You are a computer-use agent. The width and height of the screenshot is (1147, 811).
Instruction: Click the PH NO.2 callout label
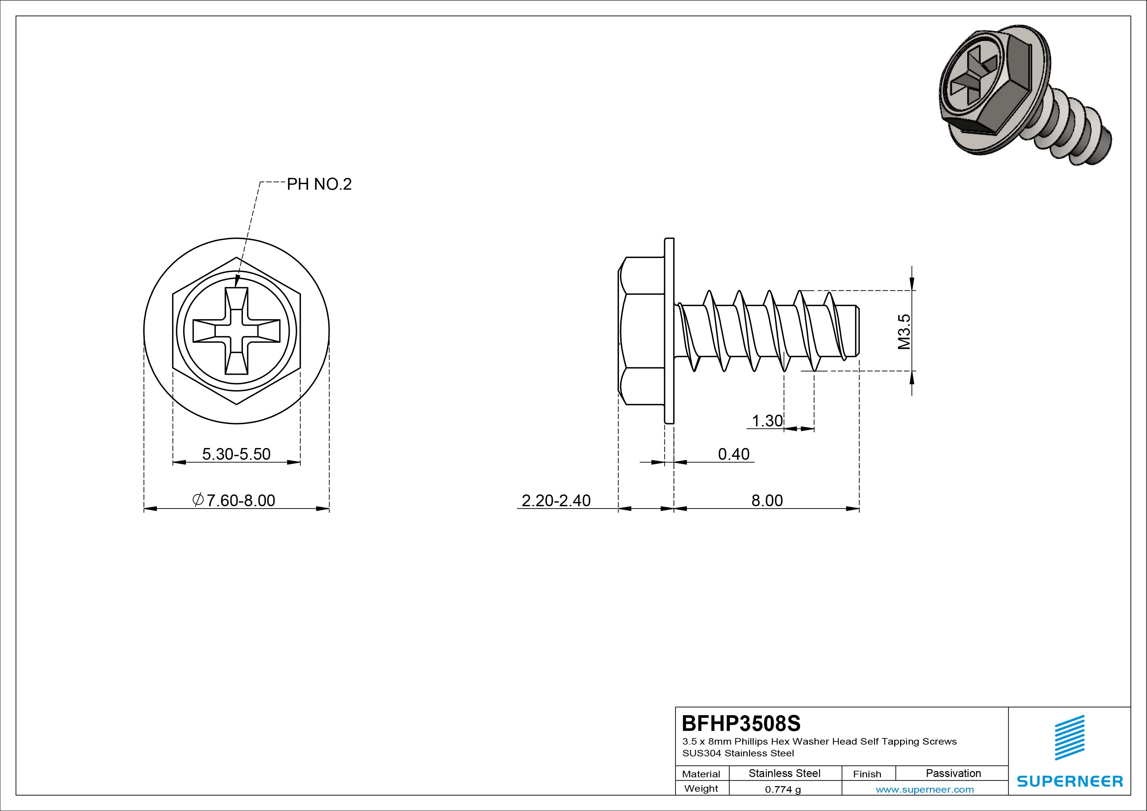click(319, 184)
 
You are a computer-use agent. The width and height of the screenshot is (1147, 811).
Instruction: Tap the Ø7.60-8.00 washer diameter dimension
click(234, 500)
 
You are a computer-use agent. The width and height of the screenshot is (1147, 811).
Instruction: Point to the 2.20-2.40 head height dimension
click(556, 500)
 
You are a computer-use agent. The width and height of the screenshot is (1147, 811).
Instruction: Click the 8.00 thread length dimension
click(767, 500)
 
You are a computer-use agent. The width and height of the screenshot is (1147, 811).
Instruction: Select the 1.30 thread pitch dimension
click(767, 421)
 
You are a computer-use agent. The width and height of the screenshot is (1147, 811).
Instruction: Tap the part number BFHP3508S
click(741, 723)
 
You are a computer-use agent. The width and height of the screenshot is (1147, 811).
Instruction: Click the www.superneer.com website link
click(925, 789)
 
